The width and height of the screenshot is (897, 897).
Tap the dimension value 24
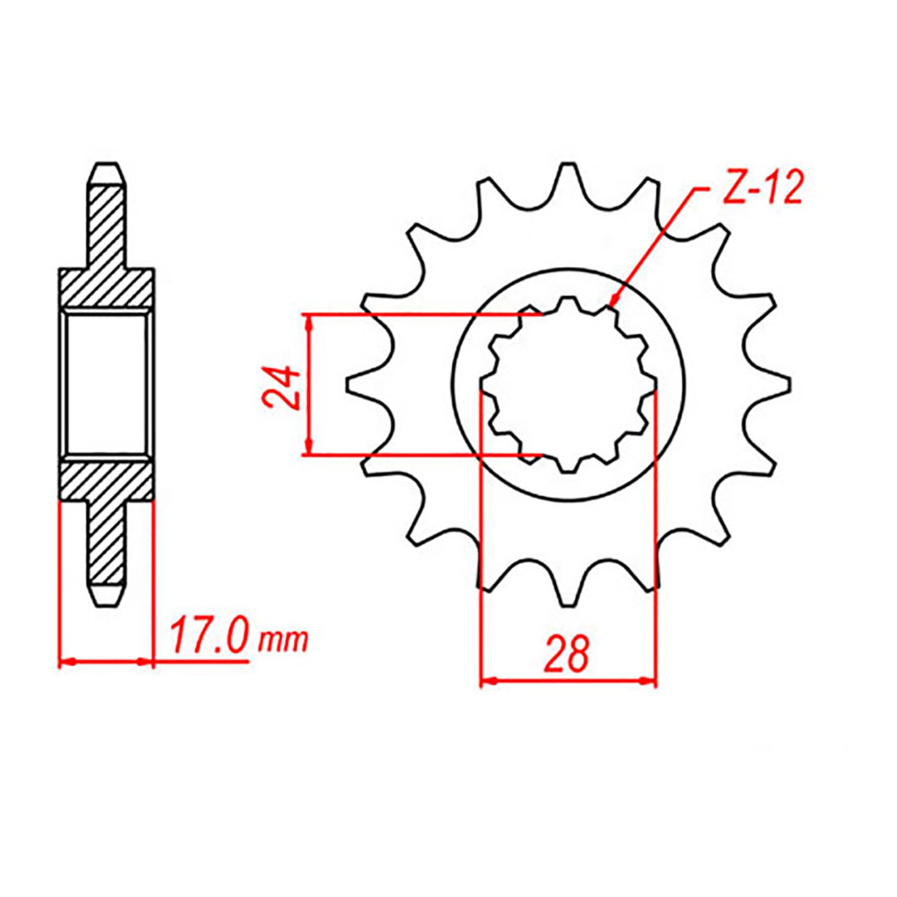(281, 386)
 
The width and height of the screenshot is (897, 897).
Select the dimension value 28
(567, 654)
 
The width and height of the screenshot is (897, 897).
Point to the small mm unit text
(283, 640)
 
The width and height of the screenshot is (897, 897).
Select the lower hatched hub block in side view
(107, 479)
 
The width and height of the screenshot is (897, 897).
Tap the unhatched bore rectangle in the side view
(107, 383)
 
